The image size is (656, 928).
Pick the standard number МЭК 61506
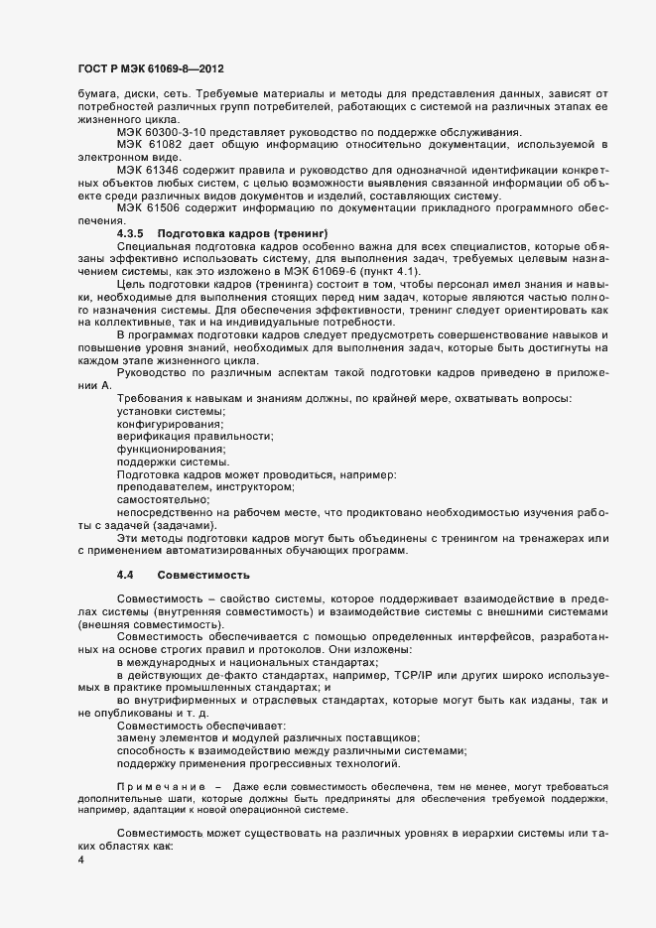(155, 234)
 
